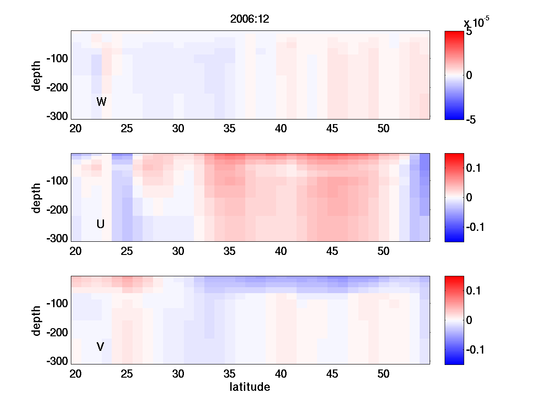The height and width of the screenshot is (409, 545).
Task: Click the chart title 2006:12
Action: coord(250,20)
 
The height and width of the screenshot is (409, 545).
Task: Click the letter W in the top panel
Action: coord(101,102)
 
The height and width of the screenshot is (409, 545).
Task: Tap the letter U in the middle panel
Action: coord(101,224)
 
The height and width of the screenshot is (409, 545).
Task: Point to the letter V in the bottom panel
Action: coord(100,347)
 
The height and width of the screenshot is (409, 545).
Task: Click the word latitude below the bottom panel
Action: coord(250,387)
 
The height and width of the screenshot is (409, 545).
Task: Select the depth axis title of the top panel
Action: coord(37,75)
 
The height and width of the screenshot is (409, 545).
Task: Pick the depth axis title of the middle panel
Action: coord(37,198)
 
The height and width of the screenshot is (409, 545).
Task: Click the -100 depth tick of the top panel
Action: coord(57,59)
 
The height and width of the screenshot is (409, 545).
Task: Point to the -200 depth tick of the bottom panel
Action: coord(57,333)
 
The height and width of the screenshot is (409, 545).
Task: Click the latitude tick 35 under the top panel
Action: coord(230,129)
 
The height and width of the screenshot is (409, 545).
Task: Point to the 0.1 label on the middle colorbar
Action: coord(475,168)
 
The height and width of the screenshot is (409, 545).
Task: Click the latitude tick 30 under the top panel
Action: coord(178,129)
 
